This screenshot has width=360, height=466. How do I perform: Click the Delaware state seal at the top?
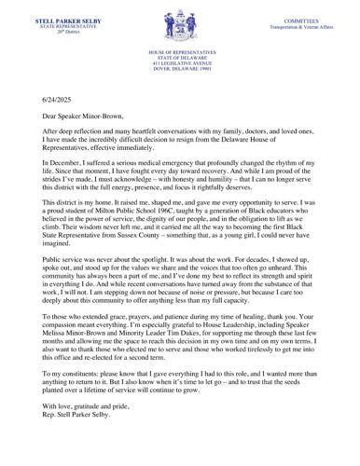click(x=180, y=21)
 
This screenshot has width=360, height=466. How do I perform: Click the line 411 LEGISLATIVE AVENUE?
click(x=180, y=60)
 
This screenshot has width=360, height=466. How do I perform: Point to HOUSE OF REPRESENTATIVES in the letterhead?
click(x=180, y=47)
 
